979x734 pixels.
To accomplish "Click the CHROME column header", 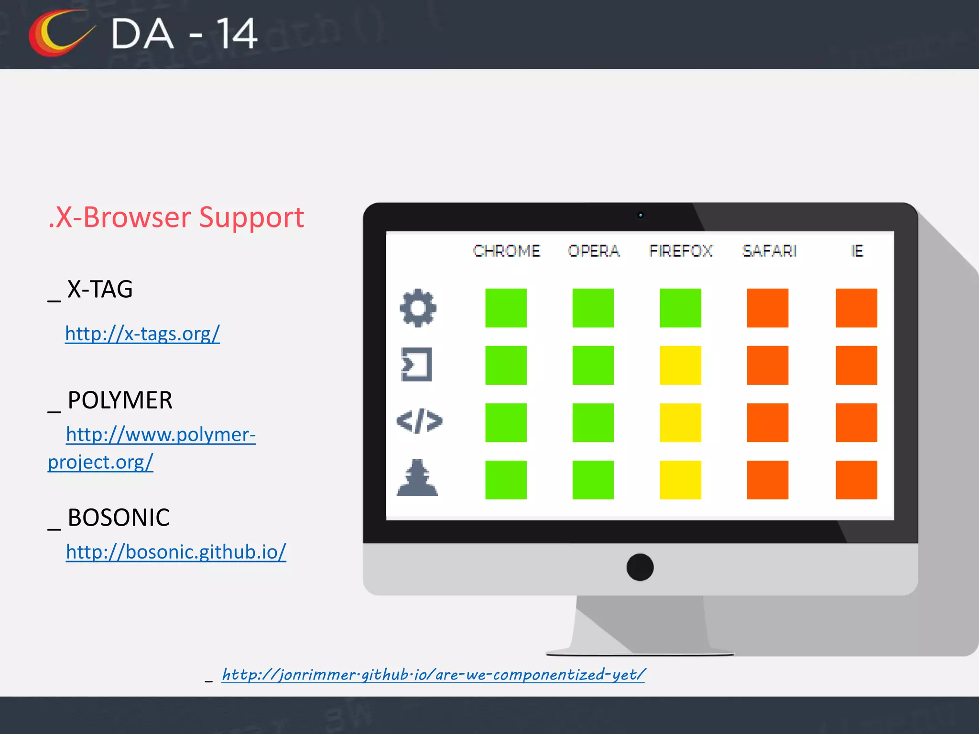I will click(506, 251).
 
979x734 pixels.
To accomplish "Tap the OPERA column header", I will click(593, 251).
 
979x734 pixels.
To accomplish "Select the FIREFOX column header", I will click(680, 251).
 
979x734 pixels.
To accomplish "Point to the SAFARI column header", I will click(769, 251).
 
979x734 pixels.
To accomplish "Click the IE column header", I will click(857, 251).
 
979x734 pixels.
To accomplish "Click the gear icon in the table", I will click(418, 308).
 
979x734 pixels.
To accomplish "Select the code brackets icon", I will click(419, 421).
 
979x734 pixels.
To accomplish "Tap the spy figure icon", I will click(417, 478).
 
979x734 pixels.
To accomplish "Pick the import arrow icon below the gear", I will click(416, 365).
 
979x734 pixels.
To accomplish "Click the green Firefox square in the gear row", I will click(680, 308).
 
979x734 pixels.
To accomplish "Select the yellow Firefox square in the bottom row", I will click(680, 480).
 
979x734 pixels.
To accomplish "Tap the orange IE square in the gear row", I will click(856, 308).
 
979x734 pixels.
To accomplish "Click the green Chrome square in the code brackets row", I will click(506, 422).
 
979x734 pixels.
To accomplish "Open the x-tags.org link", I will click(142, 334).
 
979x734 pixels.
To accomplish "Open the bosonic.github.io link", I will click(176, 552).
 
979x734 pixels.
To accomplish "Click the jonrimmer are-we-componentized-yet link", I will click(433, 674).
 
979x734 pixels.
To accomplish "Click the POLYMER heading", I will click(120, 400).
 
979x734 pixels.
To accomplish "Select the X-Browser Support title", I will click(176, 217).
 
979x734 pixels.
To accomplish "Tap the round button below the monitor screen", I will click(640, 567).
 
